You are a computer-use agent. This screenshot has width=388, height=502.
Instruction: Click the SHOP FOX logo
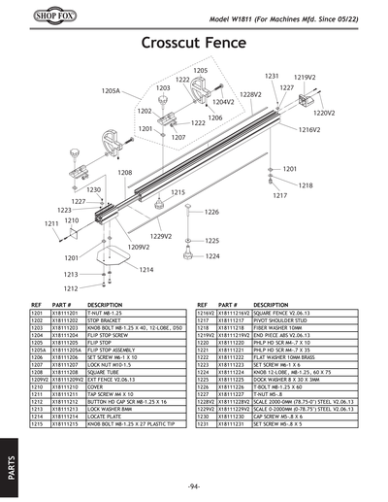point(31,18)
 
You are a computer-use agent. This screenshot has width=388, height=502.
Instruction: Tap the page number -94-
point(194,485)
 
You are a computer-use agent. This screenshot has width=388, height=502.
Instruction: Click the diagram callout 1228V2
point(251,94)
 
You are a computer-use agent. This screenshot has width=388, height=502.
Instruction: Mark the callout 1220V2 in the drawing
point(325,112)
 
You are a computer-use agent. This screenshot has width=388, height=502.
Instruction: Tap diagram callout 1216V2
point(308,129)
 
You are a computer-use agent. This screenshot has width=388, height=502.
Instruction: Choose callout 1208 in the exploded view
point(125,172)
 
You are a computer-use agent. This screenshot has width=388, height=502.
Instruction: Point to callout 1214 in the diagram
point(146,269)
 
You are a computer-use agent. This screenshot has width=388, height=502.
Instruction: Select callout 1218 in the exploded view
point(305,184)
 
